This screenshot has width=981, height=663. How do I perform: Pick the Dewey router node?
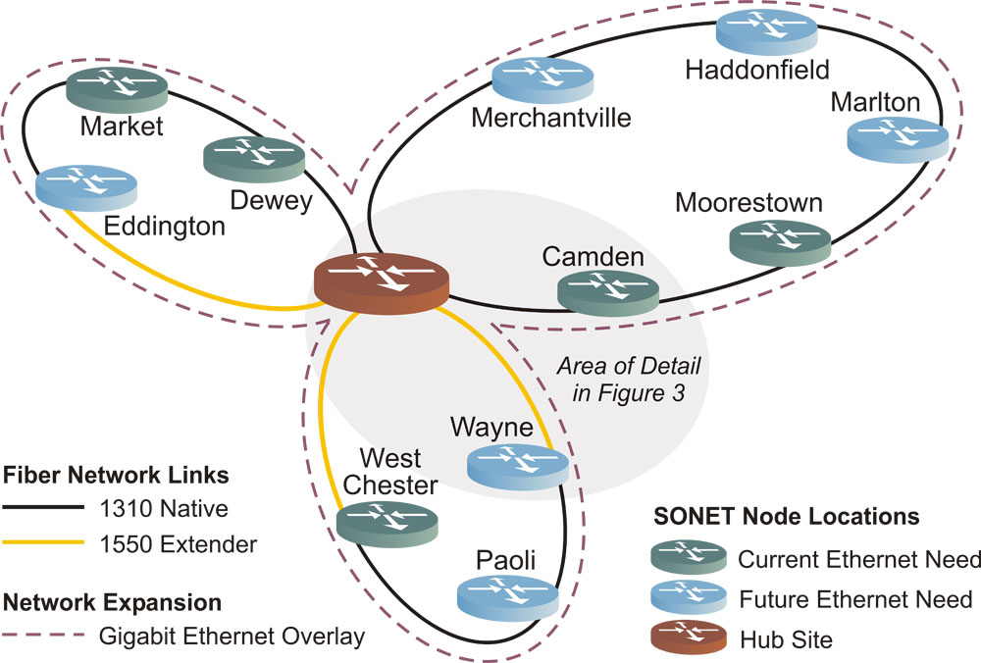(x=252, y=154)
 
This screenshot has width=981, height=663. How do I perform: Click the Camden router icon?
(x=608, y=291)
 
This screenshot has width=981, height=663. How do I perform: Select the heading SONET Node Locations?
(x=786, y=517)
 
